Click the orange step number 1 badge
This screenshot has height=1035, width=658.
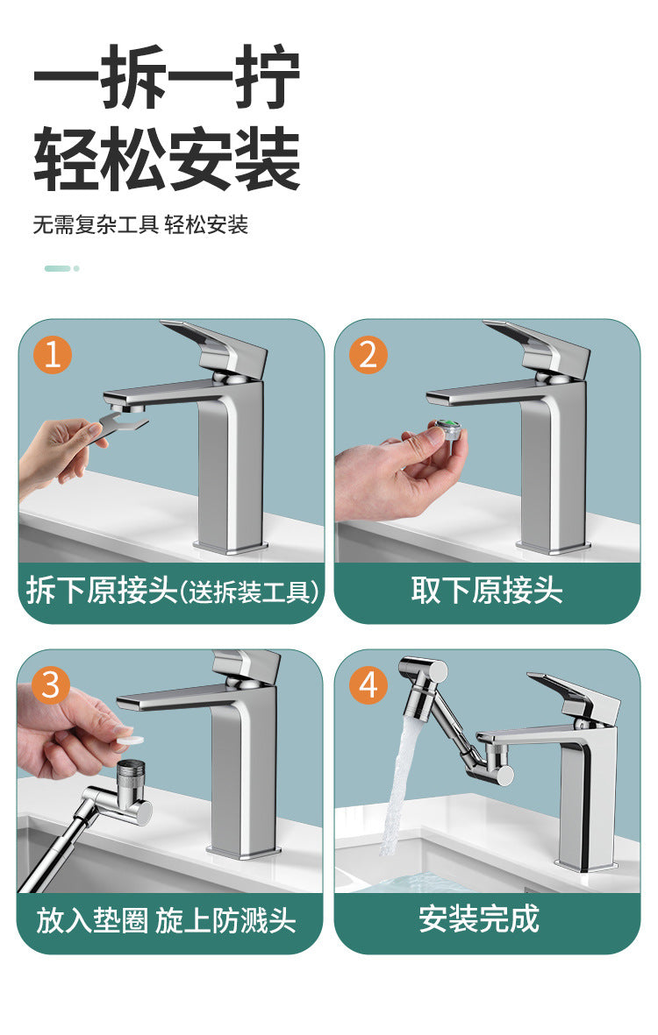click(x=53, y=355)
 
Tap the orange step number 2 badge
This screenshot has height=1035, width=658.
click(x=368, y=355)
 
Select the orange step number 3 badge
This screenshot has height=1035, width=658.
click(x=51, y=684)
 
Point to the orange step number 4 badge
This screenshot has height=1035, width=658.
click(x=368, y=684)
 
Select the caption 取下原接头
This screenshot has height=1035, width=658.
click(x=487, y=591)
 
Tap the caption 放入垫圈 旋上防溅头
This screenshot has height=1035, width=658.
click(x=167, y=921)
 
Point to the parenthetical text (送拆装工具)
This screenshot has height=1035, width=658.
click(x=250, y=592)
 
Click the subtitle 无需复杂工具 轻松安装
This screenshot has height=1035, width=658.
click(x=140, y=224)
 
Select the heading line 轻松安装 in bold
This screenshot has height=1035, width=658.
click(x=167, y=160)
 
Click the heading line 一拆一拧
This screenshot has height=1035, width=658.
click(x=167, y=79)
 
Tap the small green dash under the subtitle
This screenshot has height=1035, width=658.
click(x=58, y=268)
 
